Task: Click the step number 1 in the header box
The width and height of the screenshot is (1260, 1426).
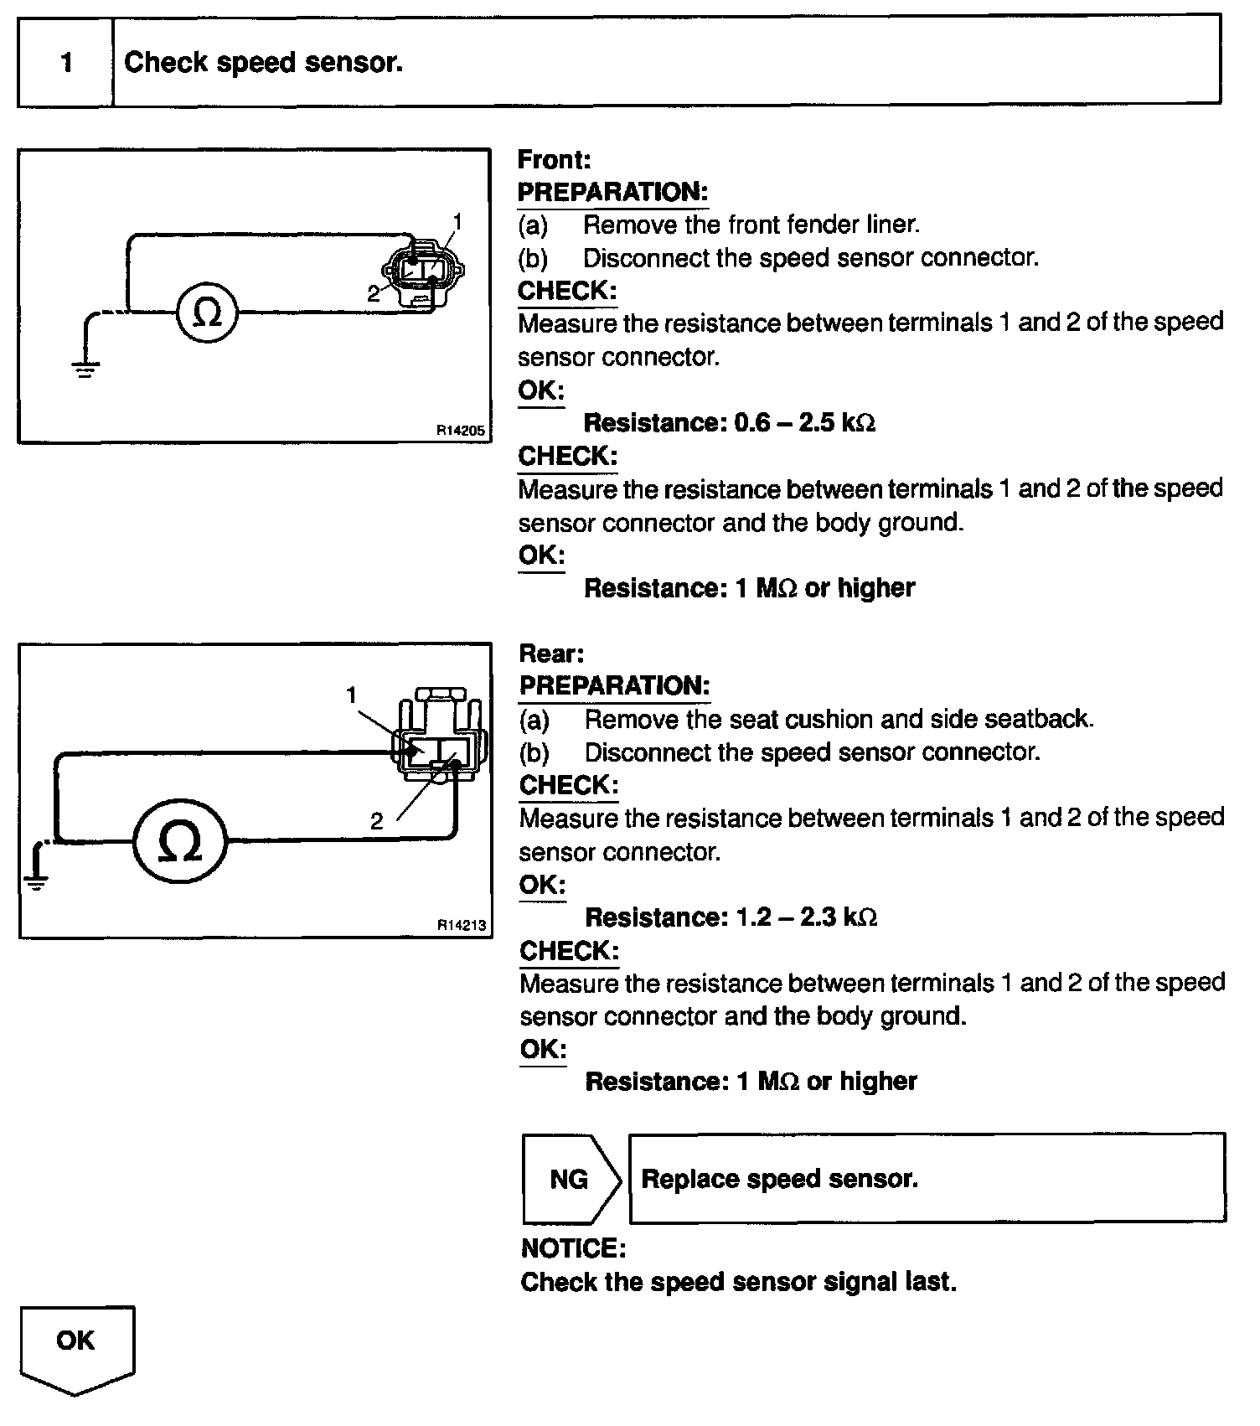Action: coord(66,63)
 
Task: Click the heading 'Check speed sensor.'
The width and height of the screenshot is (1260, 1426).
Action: coord(263,63)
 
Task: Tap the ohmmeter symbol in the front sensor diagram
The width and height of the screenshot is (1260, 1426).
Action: coord(208,313)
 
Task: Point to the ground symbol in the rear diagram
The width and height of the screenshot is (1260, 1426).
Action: coord(36,880)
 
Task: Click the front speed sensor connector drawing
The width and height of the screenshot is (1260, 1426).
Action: coord(423,271)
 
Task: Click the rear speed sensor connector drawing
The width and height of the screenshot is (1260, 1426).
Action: coord(440,737)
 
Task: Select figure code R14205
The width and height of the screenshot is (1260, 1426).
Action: coord(460,431)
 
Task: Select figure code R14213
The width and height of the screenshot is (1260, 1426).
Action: coord(461,926)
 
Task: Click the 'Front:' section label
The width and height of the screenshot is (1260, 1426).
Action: coord(554,159)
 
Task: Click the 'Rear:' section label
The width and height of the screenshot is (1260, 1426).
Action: coord(551,654)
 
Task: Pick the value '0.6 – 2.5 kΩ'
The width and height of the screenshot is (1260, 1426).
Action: coord(804,422)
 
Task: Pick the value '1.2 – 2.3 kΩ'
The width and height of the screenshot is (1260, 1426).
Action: coord(806,917)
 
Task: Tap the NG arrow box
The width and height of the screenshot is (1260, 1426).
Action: coord(570,1179)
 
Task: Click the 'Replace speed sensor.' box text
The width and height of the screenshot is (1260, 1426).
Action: coord(779,1179)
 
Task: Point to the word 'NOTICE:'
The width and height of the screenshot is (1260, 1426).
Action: coord(573,1248)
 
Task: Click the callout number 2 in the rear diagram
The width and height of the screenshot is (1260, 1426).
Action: coord(376,822)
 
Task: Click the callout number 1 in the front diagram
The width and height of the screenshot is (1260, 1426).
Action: coord(457,221)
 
